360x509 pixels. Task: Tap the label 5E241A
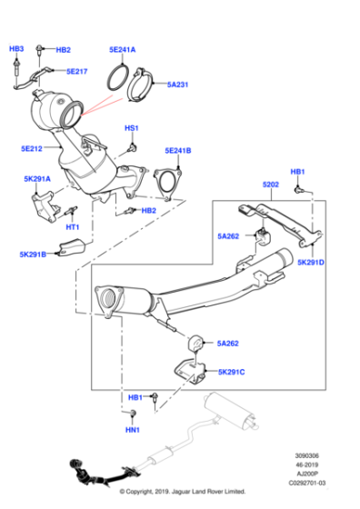[x=122, y=50]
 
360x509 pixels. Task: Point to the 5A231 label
[x=178, y=85]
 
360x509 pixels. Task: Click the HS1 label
[x=131, y=128]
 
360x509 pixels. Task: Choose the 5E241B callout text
[x=178, y=150]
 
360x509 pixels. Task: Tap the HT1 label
[x=73, y=226]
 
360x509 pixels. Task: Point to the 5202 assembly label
[x=271, y=185]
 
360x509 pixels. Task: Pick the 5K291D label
[x=310, y=263]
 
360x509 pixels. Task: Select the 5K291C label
[x=232, y=372]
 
